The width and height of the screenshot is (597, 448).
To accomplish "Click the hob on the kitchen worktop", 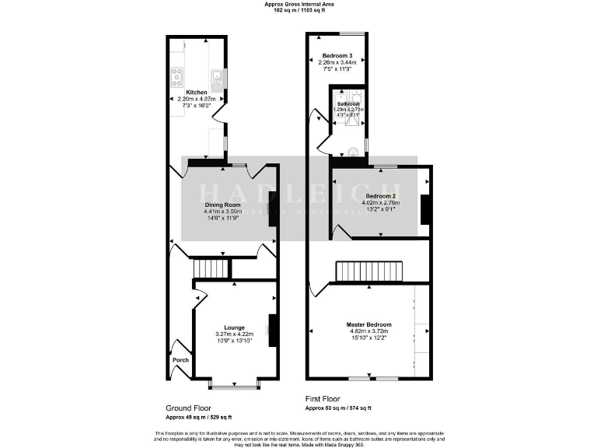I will pyautogui.click(x=176, y=75).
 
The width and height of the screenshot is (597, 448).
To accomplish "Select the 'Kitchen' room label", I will pyautogui.click(x=196, y=93).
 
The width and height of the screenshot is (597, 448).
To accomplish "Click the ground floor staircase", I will pyautogui.click(x=211, y=268).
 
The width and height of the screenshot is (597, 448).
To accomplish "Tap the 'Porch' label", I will pyautogui.click(x=180, y=360).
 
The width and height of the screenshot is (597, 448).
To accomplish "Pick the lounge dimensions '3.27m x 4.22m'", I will pyautogui.click(x=235, y=334).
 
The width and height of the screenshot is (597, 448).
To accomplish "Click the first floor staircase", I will pyautogui.click(x=370, y=271).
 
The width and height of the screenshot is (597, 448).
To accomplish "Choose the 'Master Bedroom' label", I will pyautogui.click(x=368, y=324).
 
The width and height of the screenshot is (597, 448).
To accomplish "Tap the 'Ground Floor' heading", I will pyautogui.click(x=187, y=408).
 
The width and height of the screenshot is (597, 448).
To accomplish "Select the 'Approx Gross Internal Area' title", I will pyautogui.click(x=298, y=4).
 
